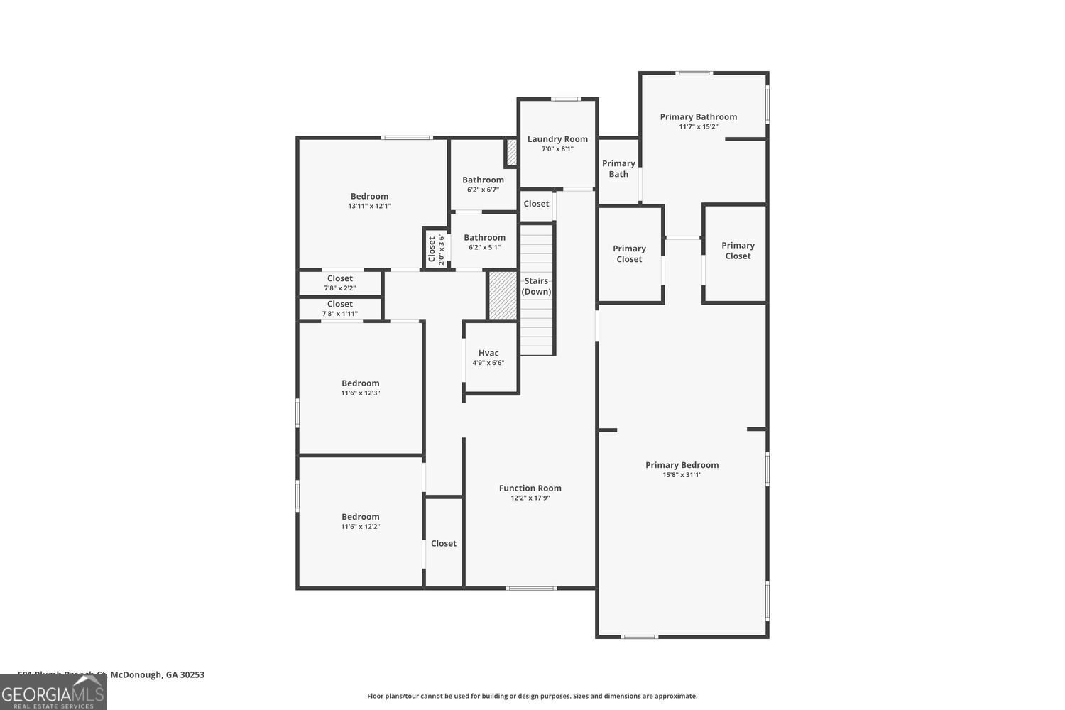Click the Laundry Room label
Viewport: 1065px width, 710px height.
point(557,139)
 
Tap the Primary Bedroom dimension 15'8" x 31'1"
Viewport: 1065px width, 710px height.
point(682,475)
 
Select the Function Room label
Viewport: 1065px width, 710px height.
point(530,488)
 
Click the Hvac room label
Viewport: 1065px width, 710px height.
point(488,353)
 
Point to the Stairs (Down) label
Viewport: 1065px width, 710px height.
point(536,286)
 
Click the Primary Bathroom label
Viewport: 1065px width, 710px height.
point(698,117)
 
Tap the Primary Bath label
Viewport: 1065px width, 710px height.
point(618,168)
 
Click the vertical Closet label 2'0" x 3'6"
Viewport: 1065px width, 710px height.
point(432,248)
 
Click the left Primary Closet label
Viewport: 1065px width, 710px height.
point(629,253)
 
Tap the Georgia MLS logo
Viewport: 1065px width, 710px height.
point(53,692)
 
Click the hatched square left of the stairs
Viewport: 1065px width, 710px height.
point(503,295)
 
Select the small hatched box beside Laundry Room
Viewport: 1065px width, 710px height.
point(511,153)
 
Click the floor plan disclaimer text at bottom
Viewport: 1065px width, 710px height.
point(532,696)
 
